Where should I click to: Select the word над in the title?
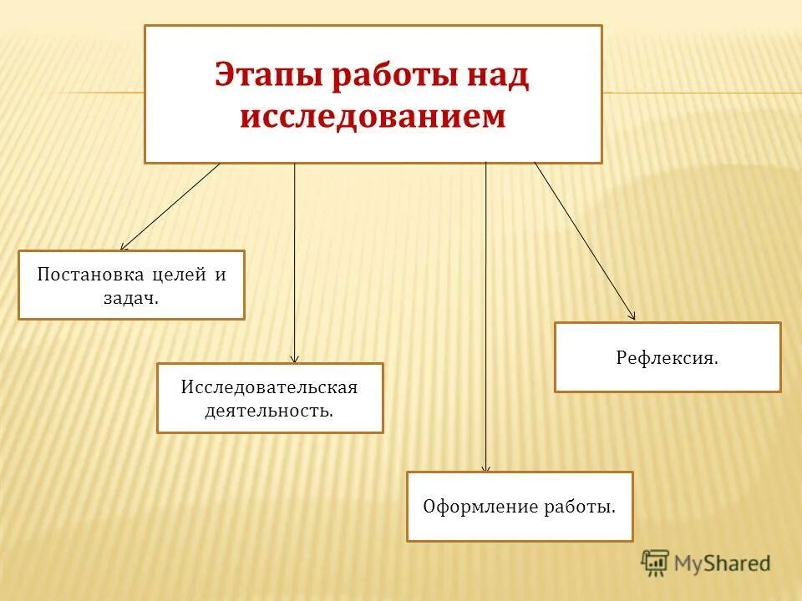pos(498,75)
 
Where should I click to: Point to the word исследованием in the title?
pos(373,117)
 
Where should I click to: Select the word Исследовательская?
pos(269,387)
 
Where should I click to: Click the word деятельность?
pos(269,411)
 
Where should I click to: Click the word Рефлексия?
pos(667,357)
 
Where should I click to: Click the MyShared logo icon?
pos(656,563)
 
